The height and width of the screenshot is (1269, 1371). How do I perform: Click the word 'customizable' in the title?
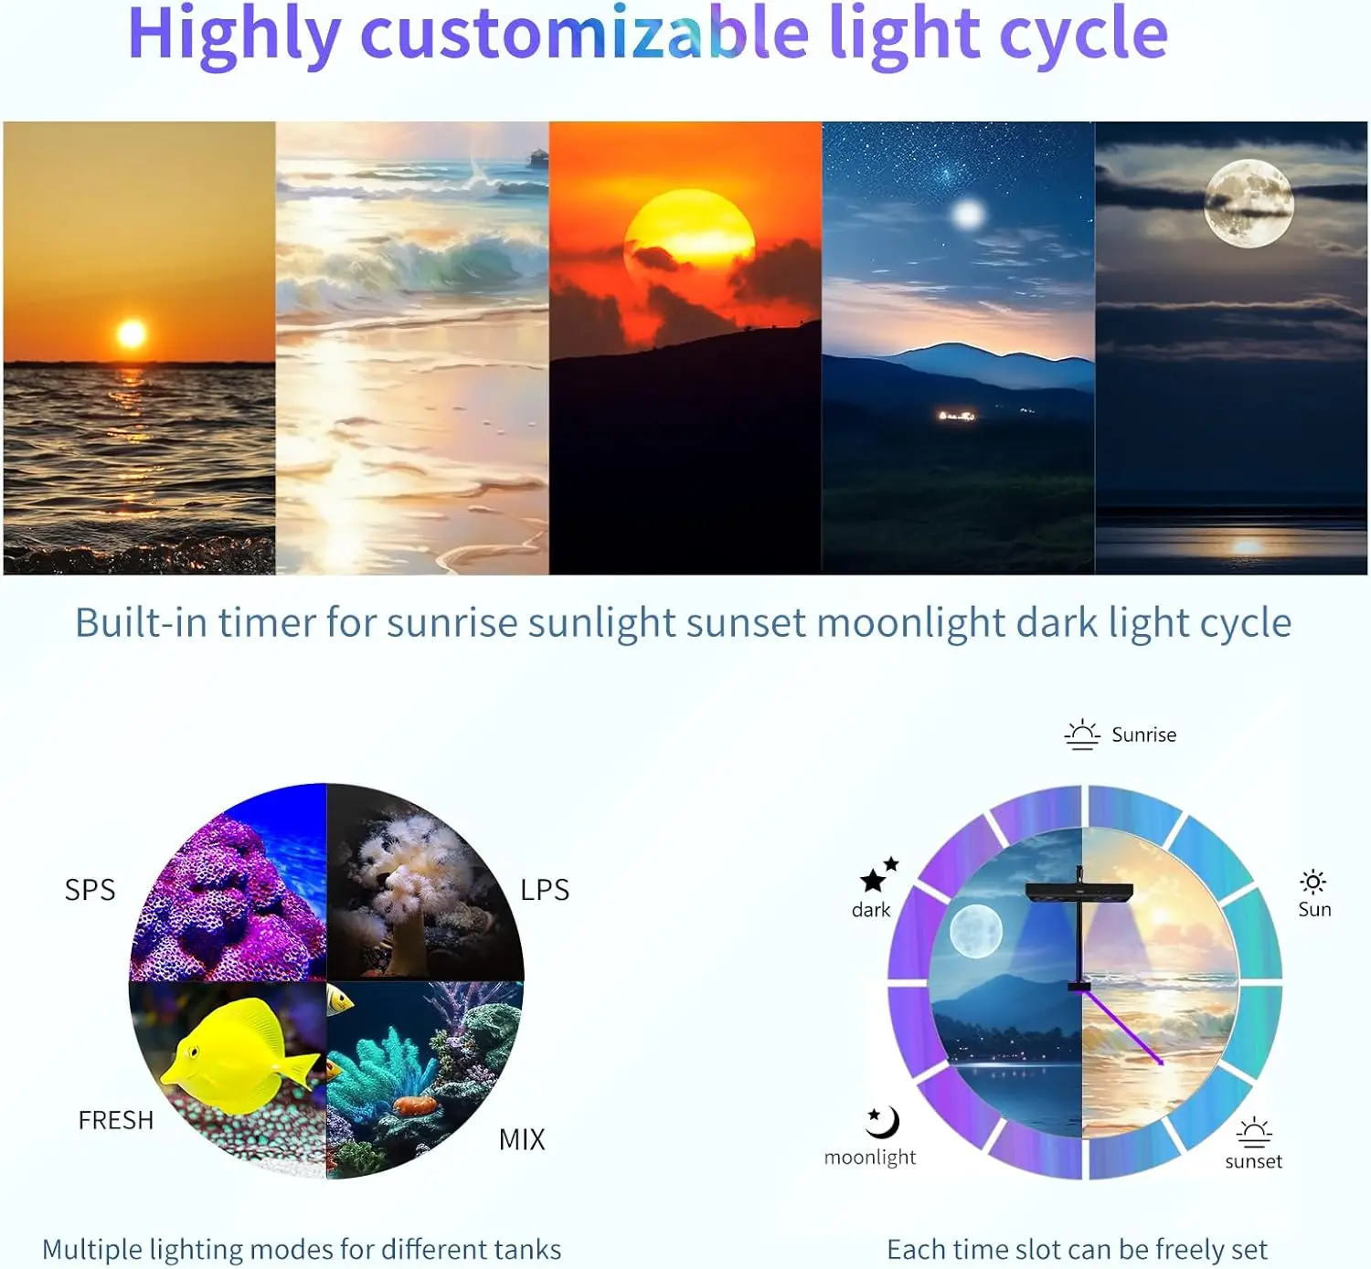click(x=585, y=35)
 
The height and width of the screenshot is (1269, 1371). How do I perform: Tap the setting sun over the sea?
click(x=132, y=333)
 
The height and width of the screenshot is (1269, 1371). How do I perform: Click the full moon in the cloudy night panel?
click(x=1248, y=203)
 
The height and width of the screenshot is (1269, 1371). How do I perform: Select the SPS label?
click(x=90, y=890)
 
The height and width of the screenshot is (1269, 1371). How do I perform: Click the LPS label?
click(x=545, y=890)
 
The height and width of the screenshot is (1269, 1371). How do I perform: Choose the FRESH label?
click(x=115, y=1120)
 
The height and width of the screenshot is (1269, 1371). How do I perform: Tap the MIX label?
click(x=522, y=1139)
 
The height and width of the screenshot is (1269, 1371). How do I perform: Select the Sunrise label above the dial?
click(x=1143, y=735)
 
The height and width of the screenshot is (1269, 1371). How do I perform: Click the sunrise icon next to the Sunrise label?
click(x=1082, y=735)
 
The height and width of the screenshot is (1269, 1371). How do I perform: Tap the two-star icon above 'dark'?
click(x=878, y=875)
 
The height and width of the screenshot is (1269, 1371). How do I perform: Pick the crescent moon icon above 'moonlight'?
click(x=882, y=1121)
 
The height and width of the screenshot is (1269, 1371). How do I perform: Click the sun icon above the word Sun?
click(x=1313, y=882)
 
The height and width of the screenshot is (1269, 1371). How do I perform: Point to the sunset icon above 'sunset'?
click(x=1254, y=1132)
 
